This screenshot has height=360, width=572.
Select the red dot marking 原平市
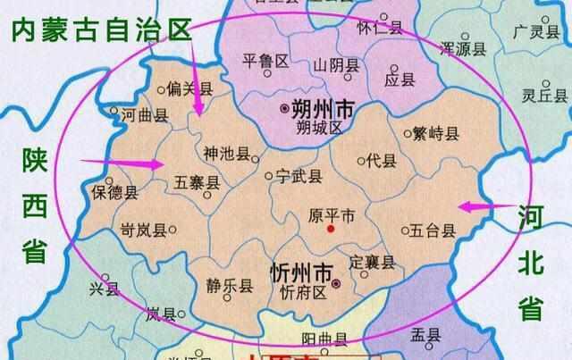click(331, 230)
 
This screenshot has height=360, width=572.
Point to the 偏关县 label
click(189, 89)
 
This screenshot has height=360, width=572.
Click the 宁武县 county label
click(299, 176)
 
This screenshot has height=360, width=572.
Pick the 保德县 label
click(117, 192)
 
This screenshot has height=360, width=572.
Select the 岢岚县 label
click(143, 230)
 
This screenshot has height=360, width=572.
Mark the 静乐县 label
click(221, 288)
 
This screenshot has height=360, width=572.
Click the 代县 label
click(382, 161)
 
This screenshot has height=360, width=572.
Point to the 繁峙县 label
click(435, 134)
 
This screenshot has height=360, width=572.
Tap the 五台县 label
click(433, 230)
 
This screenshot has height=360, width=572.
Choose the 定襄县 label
click(371, 263)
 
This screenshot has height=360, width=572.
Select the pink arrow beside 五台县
click(478, 207)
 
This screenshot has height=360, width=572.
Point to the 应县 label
click(400, 80)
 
